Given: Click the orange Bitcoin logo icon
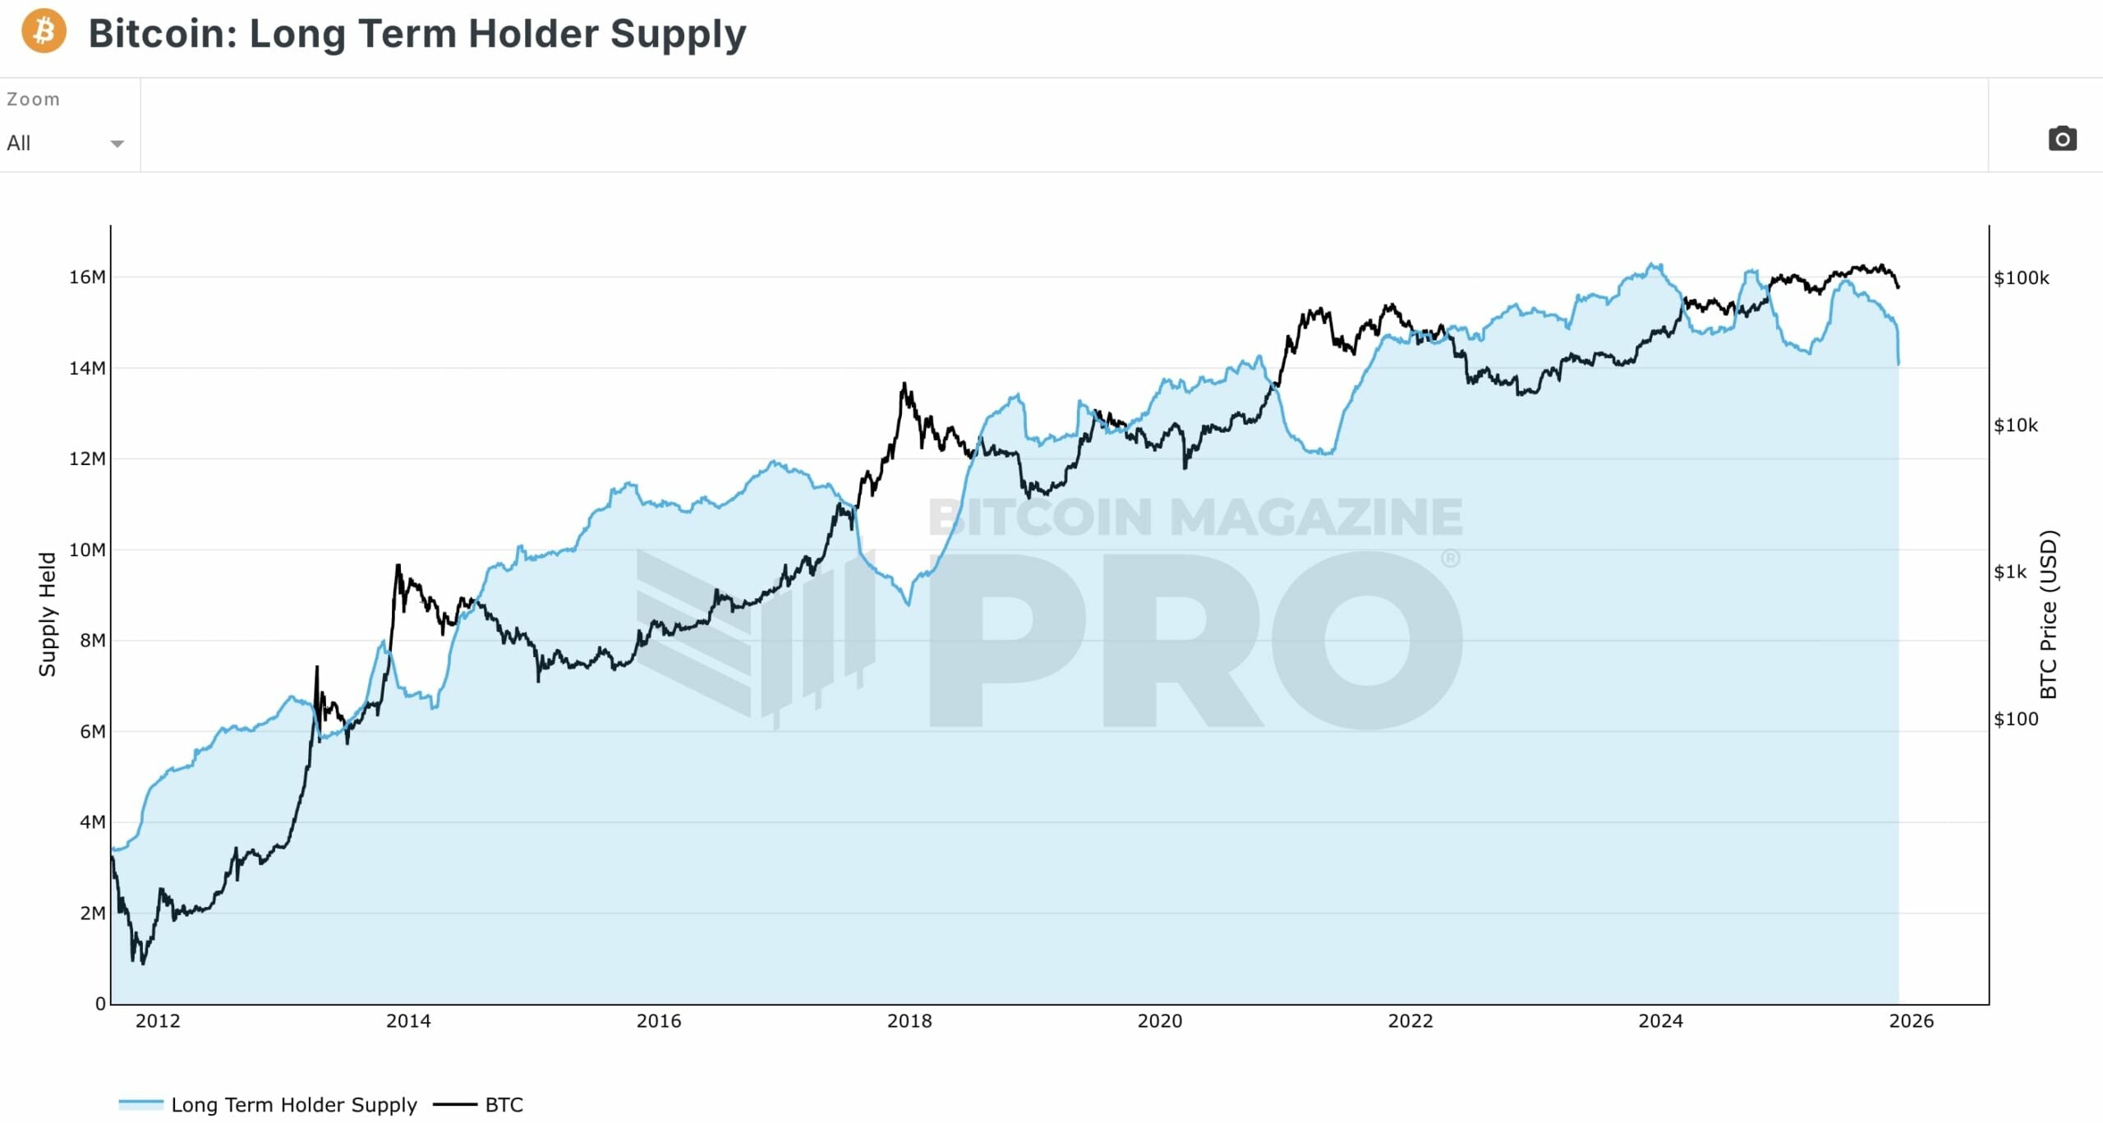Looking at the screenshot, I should tap(44, 31).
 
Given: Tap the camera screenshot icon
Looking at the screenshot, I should tap(2062, 139).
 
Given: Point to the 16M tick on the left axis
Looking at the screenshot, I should tap(87, 278).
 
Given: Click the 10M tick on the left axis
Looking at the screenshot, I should tap(87, 550).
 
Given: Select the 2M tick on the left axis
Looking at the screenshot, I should tap(92, 914).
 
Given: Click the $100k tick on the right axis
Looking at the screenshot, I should tap(2022, 278).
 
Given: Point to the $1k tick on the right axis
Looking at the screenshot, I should tap(2010, 573).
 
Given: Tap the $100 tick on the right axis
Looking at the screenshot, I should tap(2016, 720).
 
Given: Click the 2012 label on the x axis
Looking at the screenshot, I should tap(158, 1021).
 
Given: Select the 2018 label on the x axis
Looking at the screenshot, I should tap(909, 1021).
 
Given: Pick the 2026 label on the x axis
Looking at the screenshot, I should tap(1912, 1021).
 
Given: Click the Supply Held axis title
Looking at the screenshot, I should tap(48, 614).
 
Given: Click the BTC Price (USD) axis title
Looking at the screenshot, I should tap(2049, 614).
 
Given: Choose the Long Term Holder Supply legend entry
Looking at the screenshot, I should tap(293, 1105).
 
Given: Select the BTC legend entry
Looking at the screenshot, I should tap(504, 1105).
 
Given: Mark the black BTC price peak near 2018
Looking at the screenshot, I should tap(904, 384).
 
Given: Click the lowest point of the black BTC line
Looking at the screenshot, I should tap(143, 963).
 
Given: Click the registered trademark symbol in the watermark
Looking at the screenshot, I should tap(1451, 559).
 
